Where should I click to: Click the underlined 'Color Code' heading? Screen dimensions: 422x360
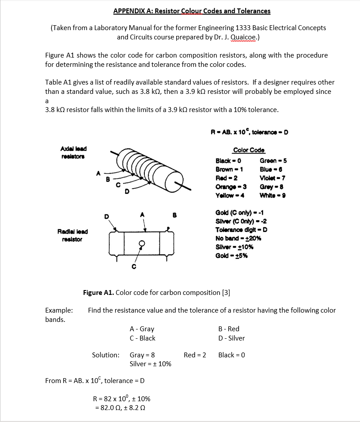point(248,150)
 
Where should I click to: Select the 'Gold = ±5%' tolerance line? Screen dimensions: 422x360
point(231,256)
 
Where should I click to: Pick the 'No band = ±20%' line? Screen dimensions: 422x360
point(238,238)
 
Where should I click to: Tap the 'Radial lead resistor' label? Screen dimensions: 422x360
point(72,235)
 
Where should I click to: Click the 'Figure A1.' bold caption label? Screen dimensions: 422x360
point(98,293)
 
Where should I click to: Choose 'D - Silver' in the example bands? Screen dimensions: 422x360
point(231,338)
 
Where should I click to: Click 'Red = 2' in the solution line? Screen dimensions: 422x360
point(195,355)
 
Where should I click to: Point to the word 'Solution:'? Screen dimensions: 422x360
point(105,355)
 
